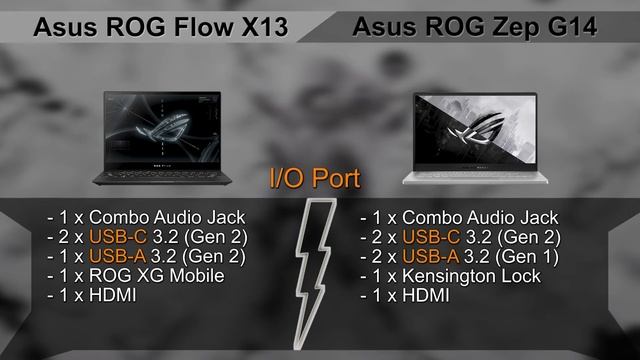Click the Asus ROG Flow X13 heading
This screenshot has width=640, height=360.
point(161,27)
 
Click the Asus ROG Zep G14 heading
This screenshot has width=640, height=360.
point(475,27)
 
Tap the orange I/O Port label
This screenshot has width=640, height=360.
point(315,180)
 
